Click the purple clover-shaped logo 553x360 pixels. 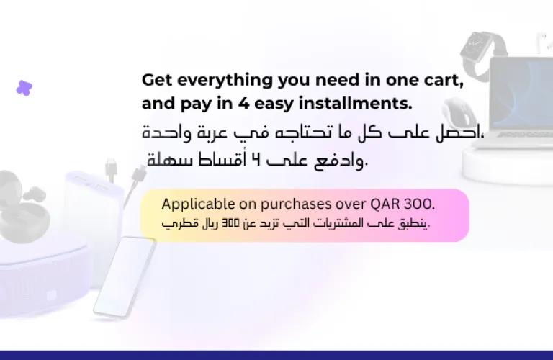[24, 88]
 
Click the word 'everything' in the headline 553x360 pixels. [225, 81]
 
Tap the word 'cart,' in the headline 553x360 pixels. [444, 81]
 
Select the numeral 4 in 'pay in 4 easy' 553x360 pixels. [243, 103]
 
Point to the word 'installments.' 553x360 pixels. [356, 103]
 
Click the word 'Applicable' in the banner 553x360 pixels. [198, 204]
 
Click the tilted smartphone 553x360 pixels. [125, 277]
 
